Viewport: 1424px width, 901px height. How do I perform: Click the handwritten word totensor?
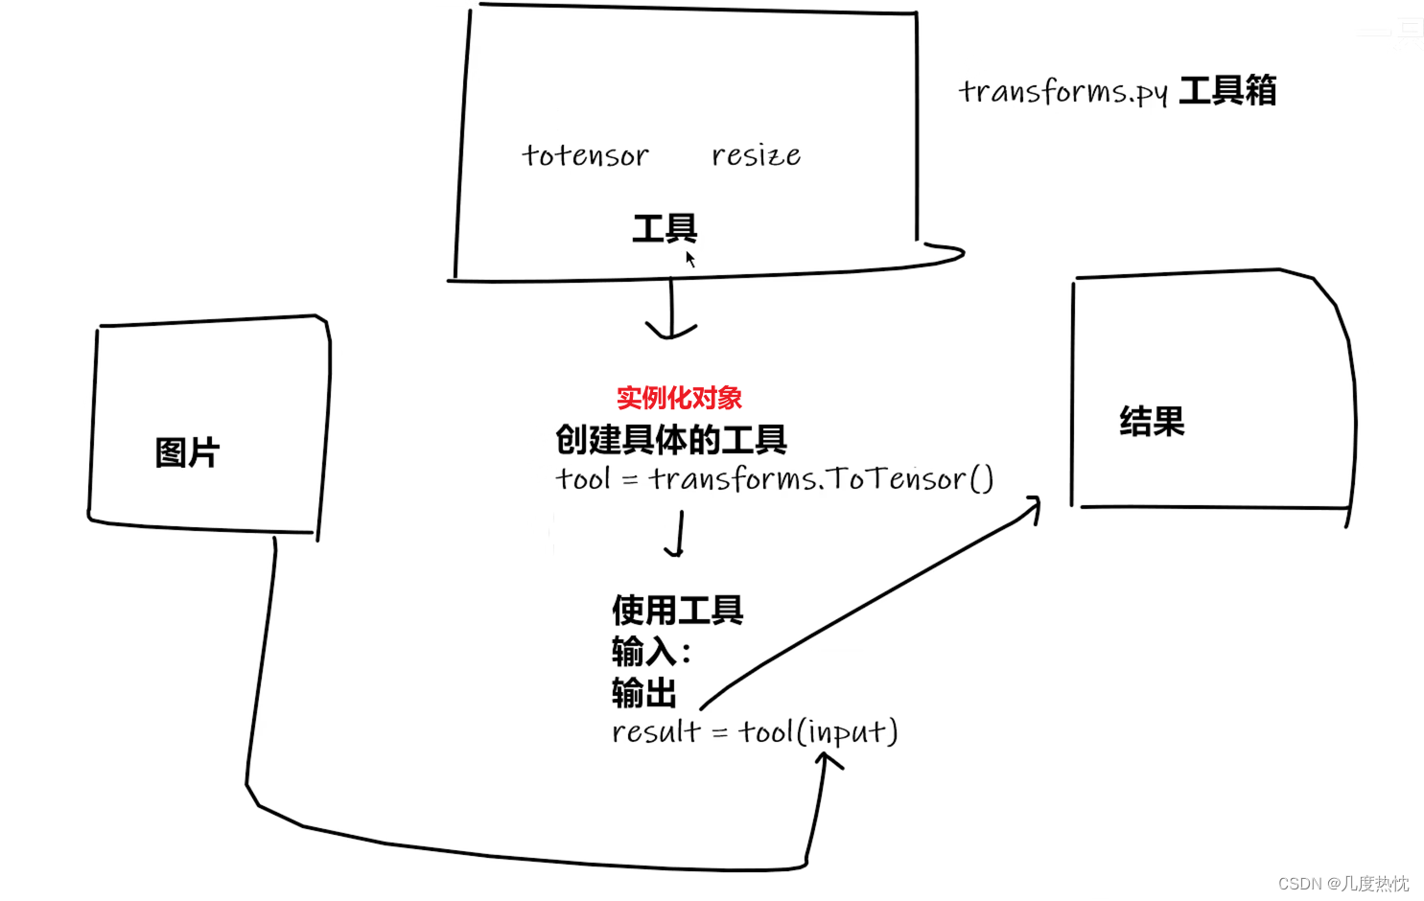pos(585,155)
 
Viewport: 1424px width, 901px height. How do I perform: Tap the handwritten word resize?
pos(756,155)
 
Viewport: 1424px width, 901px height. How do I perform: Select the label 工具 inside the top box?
pos(665,228)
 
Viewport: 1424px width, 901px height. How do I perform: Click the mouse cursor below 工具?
pos(689,259)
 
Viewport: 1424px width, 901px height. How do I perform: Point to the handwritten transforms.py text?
pos(1062,92)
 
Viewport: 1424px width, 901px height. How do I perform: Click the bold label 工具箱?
pos(1227,91)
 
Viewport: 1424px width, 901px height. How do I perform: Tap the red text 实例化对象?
pos(679,398)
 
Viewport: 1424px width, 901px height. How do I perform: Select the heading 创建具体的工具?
pos(671,440)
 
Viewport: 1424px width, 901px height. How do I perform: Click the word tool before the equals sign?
pos(582,478)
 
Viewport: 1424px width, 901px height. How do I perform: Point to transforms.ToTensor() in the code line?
pos(821,478)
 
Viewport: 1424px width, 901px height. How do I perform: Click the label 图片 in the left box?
pos(188,452)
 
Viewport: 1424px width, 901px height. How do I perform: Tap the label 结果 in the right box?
pos(1152,422)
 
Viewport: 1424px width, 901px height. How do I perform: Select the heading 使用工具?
pos(678,610)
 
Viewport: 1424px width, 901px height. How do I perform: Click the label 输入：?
pos(652,652)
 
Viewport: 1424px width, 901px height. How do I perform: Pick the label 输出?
pos(644,692)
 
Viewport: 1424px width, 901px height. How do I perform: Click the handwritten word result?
pos(657,731)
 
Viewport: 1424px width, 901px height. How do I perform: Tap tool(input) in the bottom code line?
pos(818,731)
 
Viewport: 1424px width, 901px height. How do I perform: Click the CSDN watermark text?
pos(1343,883)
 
